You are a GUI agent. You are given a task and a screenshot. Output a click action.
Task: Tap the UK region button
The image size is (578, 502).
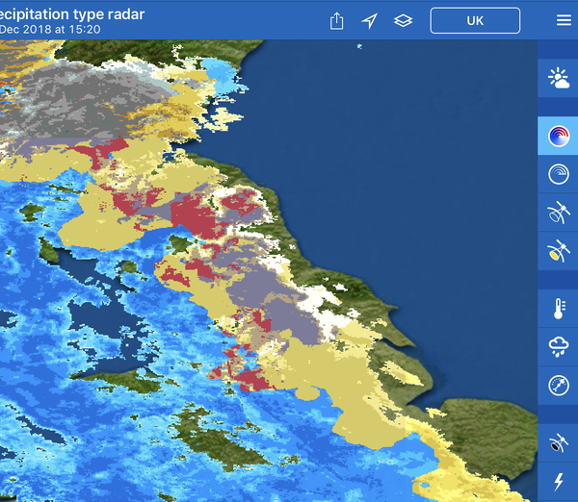[475, 20]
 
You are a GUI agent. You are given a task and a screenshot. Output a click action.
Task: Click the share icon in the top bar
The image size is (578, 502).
[336, 21]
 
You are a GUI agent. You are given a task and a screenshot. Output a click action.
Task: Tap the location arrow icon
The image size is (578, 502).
[369, 21]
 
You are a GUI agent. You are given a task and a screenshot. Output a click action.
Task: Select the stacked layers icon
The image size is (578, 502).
[403, 21]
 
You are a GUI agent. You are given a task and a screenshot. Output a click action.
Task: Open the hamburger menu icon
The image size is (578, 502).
[564, 20]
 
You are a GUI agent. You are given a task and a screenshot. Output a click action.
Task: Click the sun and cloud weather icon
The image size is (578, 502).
[558, 79]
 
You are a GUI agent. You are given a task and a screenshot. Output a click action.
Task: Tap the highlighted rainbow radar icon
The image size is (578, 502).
[558, 136]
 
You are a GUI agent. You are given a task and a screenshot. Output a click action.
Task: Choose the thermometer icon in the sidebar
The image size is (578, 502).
[558, 308]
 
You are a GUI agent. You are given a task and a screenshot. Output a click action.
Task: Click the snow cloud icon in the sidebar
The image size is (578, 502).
[558, 345]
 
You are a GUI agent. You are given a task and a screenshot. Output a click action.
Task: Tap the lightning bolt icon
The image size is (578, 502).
[558, 481]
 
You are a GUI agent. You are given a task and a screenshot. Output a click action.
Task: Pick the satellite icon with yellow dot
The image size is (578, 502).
[558, 252]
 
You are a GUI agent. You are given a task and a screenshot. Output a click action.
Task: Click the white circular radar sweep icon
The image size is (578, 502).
[558, 174]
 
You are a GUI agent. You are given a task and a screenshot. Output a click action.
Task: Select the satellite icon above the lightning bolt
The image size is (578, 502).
[558, 443]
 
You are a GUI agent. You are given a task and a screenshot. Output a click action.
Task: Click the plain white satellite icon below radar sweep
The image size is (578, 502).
[558, 213]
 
